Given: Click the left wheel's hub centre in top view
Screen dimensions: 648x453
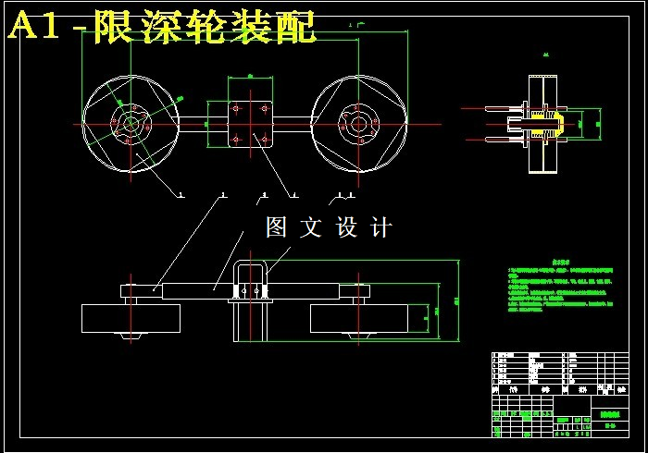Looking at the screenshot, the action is [x=129, y=123].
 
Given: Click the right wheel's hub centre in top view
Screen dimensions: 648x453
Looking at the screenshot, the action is [x=357, y=123].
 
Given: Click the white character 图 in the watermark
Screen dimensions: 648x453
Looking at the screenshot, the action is [x=277, y=227].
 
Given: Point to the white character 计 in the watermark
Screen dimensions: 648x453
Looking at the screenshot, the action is [x=380, y=227].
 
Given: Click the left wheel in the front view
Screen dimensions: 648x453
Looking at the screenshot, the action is [x=129, y=317].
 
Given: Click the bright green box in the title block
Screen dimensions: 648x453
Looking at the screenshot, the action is [x=608, y=415].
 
